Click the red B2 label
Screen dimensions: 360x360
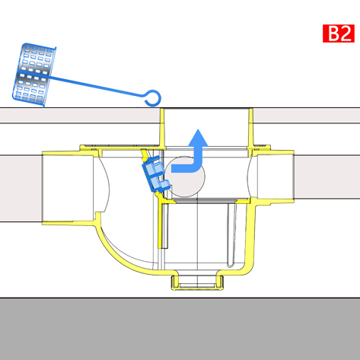[x=339, y=33]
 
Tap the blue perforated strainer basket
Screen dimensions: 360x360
[x=33, y=75]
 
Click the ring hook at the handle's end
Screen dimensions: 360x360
[x=153, y=98]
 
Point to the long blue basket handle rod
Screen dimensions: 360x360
[x=97, y=85]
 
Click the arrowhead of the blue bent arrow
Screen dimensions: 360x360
[x=198, y=138]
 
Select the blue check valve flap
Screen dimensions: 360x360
[x=155, y=174]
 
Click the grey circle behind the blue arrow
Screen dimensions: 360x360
[x=185, y=177]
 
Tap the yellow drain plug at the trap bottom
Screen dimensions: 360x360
[x=197, y=282]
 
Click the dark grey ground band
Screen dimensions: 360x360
[x=180, y=329]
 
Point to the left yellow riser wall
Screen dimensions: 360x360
[x=162, y=128]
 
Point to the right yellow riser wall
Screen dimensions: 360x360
[x=250, y=128]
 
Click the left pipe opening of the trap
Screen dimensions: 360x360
[x=68, y=188]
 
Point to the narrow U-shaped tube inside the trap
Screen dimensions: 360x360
[x=231, y=234]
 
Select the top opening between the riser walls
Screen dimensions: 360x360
[x=206, y=127]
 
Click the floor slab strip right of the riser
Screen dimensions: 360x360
[x=307, y=116]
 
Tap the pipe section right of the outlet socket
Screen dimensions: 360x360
[x=327, y=177]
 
